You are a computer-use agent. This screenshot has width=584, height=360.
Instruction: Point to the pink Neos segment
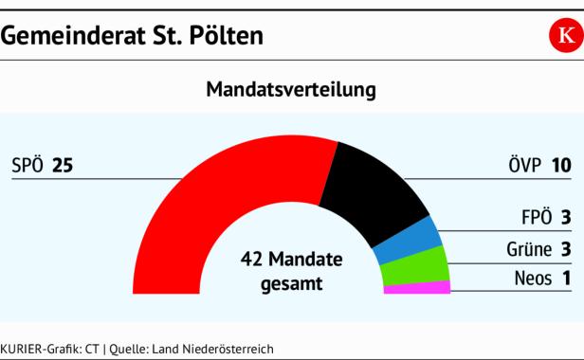[x=417, y=287]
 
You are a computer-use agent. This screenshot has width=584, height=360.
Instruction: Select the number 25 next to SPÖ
[x=63, y=166]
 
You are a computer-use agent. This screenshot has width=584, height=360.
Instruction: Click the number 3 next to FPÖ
[x=566, y=218]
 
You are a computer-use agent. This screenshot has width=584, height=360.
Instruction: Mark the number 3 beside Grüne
[x=566, y=249]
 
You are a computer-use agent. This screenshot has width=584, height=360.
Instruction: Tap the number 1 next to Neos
[x=566, y=279]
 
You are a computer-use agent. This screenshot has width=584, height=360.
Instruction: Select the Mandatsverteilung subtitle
[x=291, y=90]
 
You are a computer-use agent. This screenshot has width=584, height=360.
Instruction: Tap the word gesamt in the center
[x=291, y=282]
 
